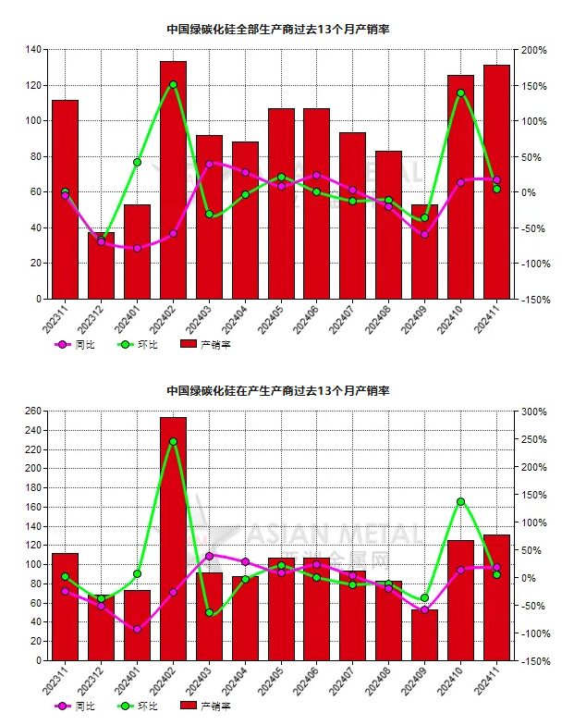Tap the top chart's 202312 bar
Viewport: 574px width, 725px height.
[x=101, y=268]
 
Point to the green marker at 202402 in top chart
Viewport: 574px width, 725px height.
[x=173, y=84]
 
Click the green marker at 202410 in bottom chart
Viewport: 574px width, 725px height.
[x=460, y=501]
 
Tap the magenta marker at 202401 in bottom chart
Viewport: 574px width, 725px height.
[x=137, y=630]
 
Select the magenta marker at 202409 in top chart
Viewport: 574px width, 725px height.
[x=424, y=234]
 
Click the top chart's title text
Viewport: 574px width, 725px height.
[x=277, y=29]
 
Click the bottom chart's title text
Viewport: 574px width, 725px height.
[x=277, y=390]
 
